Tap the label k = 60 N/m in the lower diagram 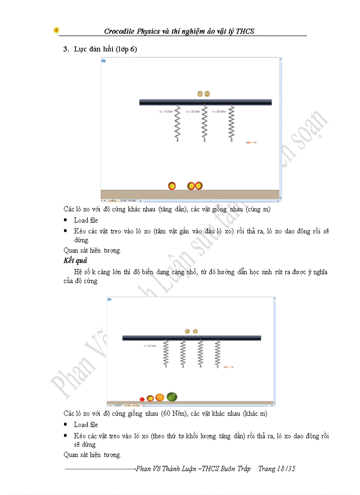pos(150,346)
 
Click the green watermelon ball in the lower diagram pos(172,397)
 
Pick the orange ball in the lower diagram pos(160,397)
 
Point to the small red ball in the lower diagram pos(142,399)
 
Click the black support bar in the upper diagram pos(205,102)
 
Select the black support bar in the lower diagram pos(191,338)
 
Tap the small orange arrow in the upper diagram pos(251,142)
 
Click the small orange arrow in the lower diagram pos(229,367)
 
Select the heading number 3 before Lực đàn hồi pos(65,49)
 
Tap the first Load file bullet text pos(86,220)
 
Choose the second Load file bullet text pos(86,424)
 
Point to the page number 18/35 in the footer pos(285,469)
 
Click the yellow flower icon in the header pos(56,30)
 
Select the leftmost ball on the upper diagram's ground pos(172,186)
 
